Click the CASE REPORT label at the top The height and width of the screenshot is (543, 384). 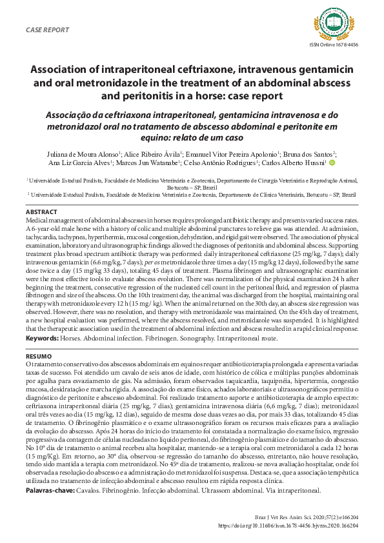tap(48, 30)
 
